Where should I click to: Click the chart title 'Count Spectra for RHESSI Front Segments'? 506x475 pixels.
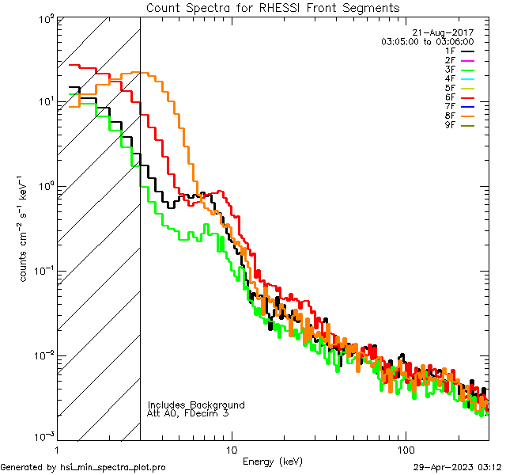tap(273, 7)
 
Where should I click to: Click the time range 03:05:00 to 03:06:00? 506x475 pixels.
tap(427, 41)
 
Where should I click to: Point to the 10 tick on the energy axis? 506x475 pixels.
tap(231, 448)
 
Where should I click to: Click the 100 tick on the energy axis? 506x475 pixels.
tap(405, 448)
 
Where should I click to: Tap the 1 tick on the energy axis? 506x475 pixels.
tap(58, 448)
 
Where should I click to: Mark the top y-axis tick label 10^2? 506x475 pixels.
tap(45, 18)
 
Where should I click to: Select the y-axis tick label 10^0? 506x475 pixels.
tap(45, 186)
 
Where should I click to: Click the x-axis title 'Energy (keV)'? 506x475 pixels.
tap(273, 461)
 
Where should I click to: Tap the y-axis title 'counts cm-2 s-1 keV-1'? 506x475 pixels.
tap(25, 227)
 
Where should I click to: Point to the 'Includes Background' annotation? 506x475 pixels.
tap(196, 405)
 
